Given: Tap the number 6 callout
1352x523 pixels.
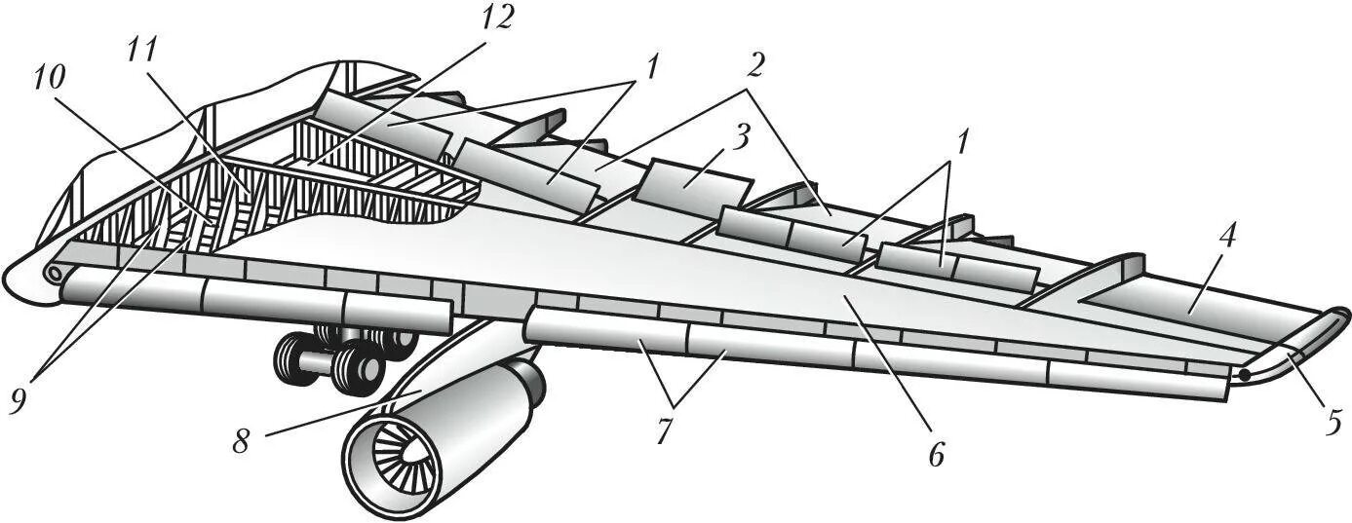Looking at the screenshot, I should (x=936, y=454).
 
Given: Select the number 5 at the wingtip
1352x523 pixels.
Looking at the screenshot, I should (x=1333, y=423).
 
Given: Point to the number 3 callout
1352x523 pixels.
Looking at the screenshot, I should (x=743, y=137).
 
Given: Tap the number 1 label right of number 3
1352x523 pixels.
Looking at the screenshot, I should (x=962, y=142).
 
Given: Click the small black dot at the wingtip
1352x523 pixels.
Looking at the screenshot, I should (x=1245, y=374).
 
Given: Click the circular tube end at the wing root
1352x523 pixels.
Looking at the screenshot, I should (x=55, y=275).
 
